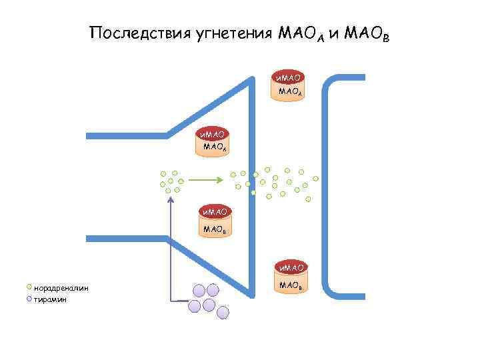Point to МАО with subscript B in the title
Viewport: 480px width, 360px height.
coord(366,34)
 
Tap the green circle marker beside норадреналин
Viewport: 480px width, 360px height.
coord(29,287)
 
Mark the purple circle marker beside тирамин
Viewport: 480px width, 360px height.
coord(29,299)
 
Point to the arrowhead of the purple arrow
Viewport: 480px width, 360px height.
coord(171,197)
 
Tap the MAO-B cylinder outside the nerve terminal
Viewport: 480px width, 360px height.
coord(290,281)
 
